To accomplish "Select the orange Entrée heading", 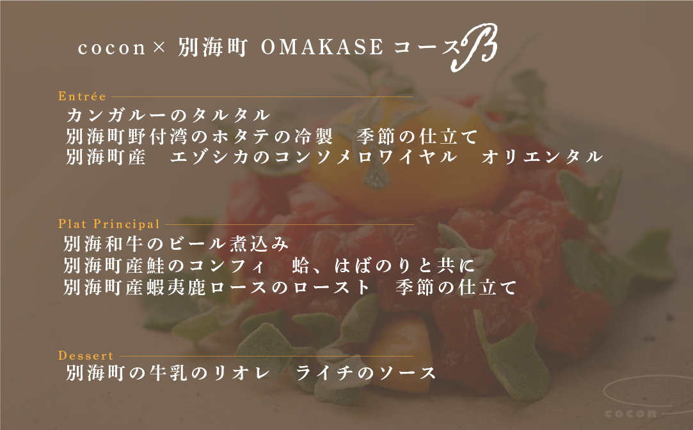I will tap(82, 96).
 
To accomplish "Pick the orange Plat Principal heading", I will tap(109, 224).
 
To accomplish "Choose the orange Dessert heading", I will tap(86, 356).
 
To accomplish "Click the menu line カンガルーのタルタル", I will tap(168, 116).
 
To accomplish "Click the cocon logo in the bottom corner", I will tap(632, 412).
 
